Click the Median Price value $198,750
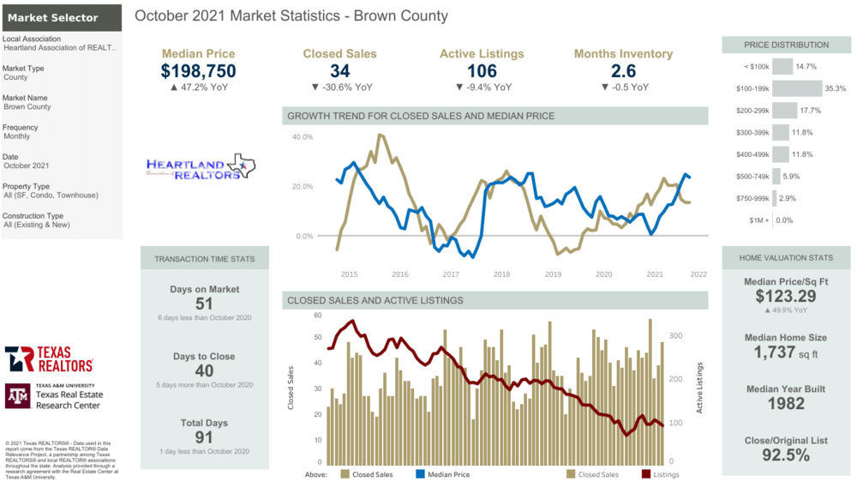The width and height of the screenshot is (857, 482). (198, 71)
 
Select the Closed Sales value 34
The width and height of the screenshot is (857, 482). (339, 71)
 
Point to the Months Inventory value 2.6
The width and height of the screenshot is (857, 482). (623, 71)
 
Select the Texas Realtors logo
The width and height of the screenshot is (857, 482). (49, 358)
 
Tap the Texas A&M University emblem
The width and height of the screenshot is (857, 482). (17, 395)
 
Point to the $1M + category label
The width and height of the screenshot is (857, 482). (757, 220)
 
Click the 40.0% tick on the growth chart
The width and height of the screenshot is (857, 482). (303, 137)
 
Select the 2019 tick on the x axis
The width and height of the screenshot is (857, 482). (553, 274)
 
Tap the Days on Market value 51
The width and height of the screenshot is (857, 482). (203, 304)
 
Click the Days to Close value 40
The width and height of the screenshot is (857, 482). (203, 371)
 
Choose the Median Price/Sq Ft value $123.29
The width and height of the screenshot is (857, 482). (786, 297)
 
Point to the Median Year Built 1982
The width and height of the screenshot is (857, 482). (786, 403)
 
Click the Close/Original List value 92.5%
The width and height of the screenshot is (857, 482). (786, 455)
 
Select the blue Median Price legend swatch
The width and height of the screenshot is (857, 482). (420, 473)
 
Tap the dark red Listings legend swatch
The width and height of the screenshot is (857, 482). (645, 473)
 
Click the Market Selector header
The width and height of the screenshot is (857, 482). (53, 17)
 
